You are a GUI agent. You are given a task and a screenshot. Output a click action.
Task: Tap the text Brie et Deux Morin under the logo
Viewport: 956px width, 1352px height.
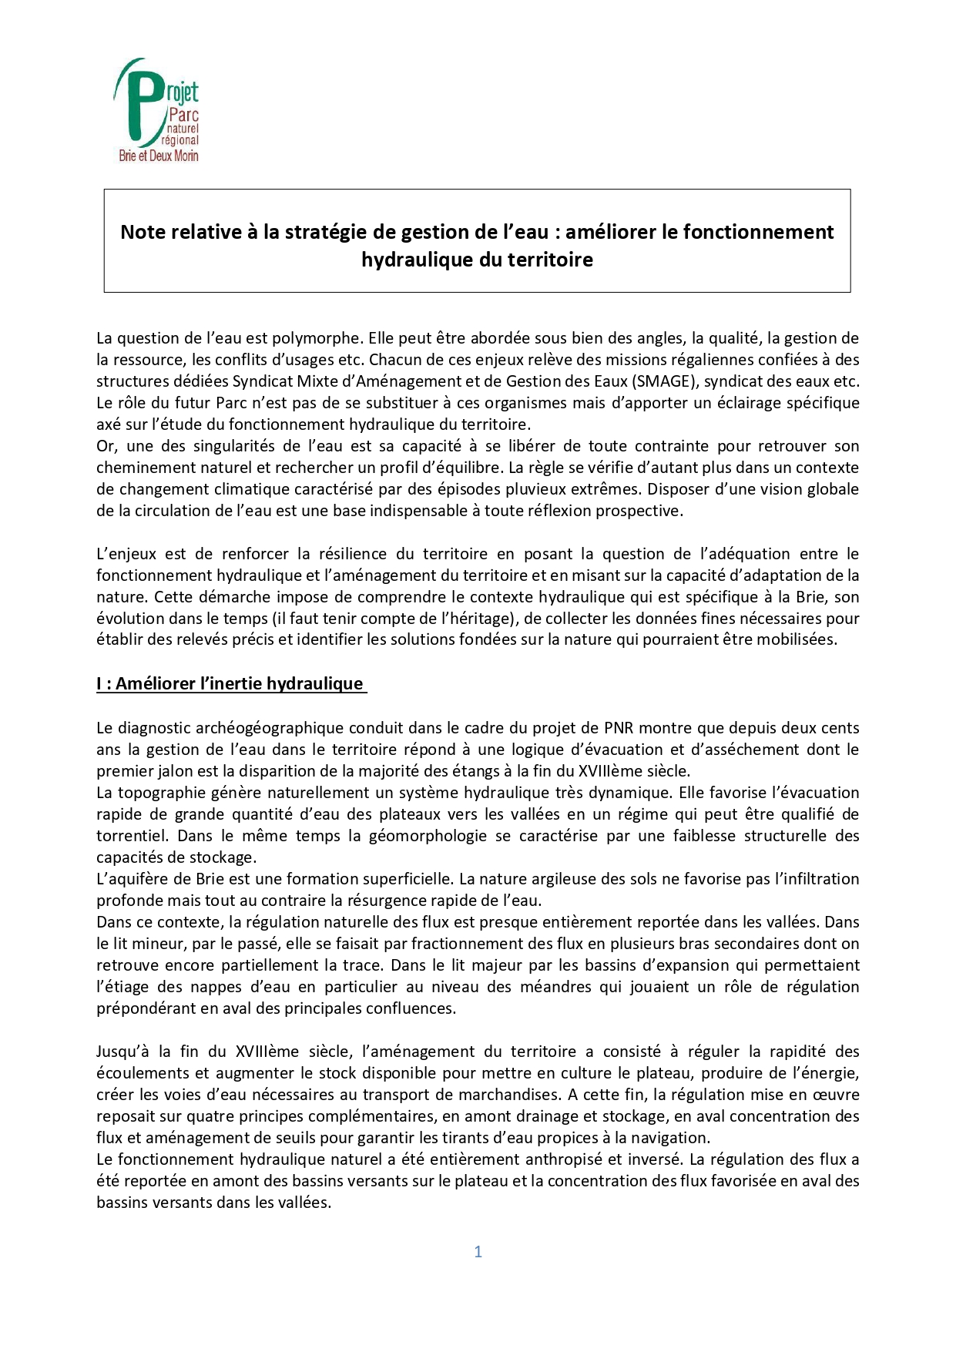(x=159, y=156)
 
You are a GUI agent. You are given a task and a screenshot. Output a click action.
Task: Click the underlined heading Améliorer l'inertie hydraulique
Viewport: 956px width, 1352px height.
(x=231, y=684)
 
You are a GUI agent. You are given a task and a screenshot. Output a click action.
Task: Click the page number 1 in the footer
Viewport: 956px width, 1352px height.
(x=478, y=1252)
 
